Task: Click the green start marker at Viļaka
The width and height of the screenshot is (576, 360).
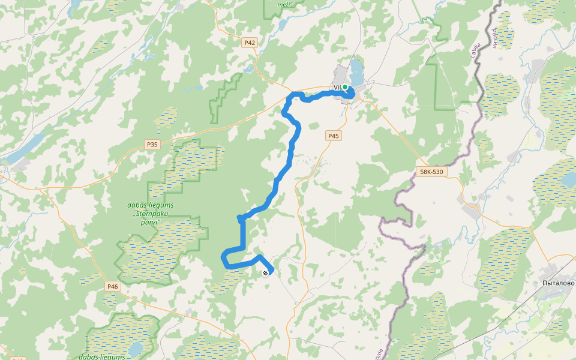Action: (345, 88)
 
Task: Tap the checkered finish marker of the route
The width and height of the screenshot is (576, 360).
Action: (265, 273)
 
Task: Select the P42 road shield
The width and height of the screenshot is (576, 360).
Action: (250, 43)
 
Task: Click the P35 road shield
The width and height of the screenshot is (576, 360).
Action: (152, 145)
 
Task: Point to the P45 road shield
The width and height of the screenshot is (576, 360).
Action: (333, 136)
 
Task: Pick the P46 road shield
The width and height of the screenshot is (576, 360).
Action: (112, 286)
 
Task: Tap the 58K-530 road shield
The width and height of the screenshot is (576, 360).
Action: (431, 172)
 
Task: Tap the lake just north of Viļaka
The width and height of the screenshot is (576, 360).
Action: (357, 72)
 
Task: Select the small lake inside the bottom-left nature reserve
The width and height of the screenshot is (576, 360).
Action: (136, 349)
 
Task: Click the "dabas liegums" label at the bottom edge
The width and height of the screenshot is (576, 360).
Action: (101, 356)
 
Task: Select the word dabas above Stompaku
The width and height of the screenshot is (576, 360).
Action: (138, 205)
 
